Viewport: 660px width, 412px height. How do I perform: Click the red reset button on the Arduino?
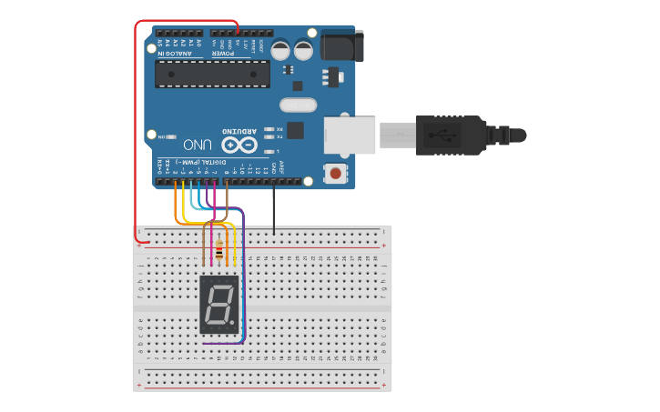(x=337, y=173)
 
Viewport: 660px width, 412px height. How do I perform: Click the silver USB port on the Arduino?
(x=350, y=134)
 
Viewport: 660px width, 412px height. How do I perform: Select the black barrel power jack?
(x=339, y=45)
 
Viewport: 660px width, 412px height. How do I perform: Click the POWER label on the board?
(x=224, y=53)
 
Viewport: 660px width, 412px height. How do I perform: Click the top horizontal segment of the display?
(x=219, y=286)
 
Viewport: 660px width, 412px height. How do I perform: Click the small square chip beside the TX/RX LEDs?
(x=295, y=130)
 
